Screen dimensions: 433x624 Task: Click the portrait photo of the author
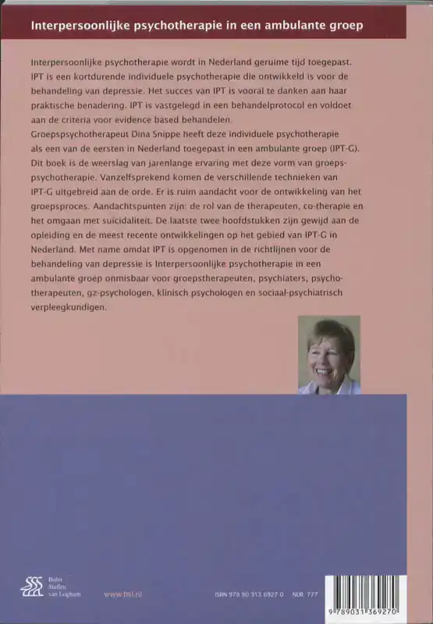click(328, 355)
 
